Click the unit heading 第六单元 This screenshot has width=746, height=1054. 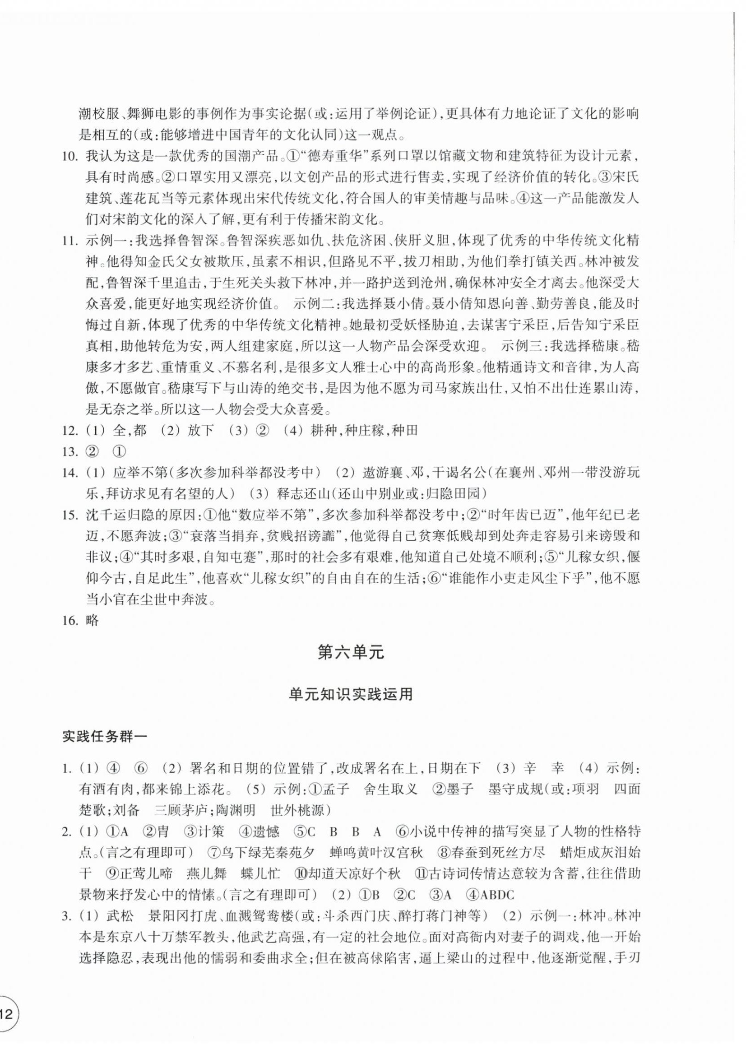click(351, 653)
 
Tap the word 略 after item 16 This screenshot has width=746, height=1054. click(93, 621)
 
